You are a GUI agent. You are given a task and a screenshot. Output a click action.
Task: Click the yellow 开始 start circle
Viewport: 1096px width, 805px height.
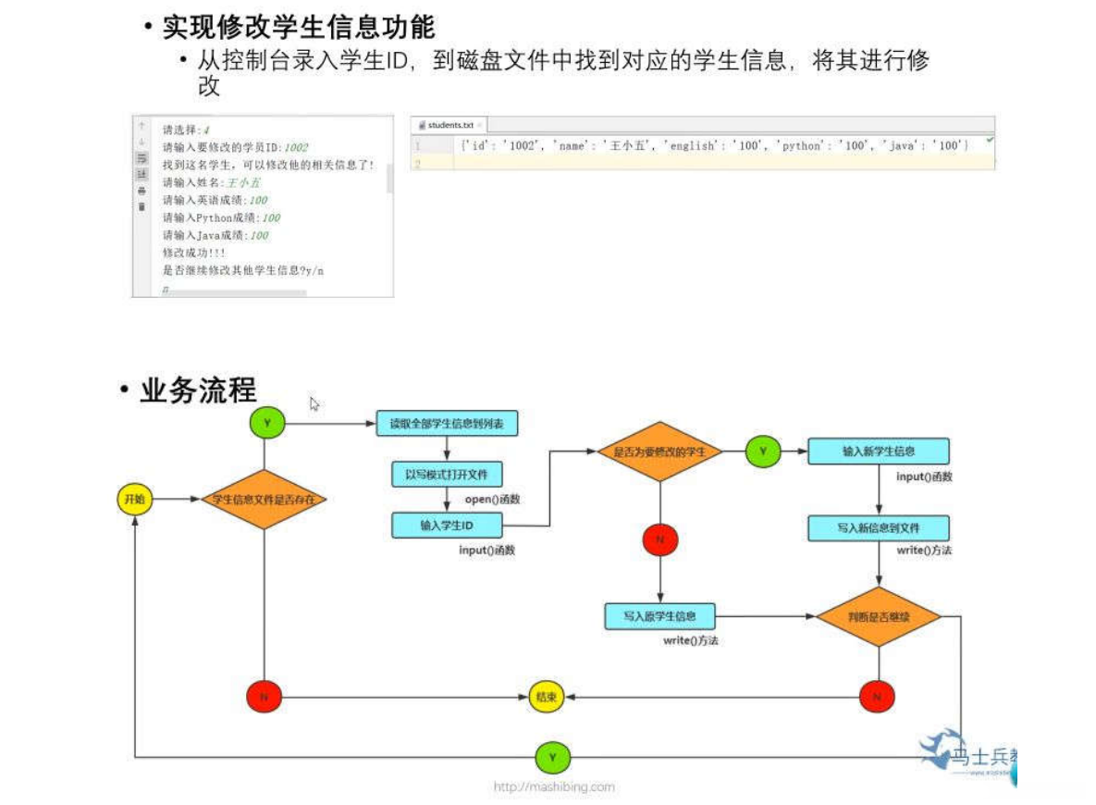pos(134,500)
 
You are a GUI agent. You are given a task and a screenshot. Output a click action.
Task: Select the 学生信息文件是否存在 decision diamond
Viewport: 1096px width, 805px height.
pos(264,500)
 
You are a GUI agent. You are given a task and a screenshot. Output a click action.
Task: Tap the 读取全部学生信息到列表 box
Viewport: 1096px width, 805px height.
pos(447,424)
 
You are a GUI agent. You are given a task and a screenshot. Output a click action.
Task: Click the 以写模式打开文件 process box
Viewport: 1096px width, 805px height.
pos(447,475)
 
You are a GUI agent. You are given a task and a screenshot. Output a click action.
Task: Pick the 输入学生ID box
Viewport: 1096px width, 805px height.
pos(447,526)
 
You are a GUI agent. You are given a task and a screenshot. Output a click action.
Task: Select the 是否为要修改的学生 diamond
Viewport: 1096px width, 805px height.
pos(659,452)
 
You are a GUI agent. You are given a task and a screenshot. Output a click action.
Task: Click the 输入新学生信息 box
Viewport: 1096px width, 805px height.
pos(878,452)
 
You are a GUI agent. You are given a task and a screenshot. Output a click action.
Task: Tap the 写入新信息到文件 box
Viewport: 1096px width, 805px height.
pos(878,528)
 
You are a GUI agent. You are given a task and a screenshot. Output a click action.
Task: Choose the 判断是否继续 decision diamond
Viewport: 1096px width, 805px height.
pos(878,615)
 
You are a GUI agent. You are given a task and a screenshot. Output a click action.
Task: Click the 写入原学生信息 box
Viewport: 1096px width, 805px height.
pos(659,615)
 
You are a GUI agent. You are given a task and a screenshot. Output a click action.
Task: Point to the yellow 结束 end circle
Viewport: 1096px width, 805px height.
pos(545,697)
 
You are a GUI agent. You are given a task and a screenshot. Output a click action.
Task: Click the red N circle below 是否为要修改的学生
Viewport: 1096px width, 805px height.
pos(659,539)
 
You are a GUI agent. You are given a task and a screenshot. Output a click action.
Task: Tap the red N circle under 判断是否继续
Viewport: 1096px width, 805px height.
pos(877,697)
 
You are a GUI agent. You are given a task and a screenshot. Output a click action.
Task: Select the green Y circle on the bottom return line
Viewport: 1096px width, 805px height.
pos(553,758)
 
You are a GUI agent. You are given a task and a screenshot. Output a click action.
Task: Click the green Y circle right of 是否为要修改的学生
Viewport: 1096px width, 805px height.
pos(763,452)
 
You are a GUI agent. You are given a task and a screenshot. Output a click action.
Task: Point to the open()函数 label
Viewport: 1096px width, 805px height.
pos(492,499)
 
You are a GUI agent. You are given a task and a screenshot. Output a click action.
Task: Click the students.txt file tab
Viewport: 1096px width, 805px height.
pos(449,124)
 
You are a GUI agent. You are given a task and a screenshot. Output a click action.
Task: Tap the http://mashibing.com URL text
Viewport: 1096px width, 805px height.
pos(553,786)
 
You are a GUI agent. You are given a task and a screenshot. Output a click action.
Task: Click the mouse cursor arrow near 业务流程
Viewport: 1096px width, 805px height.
pos(314,403)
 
